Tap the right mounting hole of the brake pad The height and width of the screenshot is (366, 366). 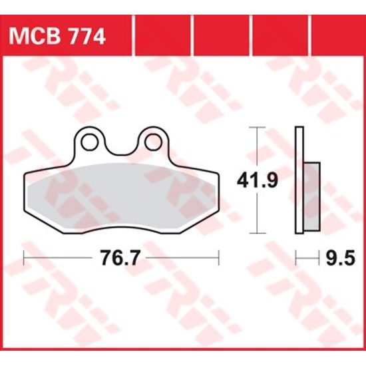tap(152, 140)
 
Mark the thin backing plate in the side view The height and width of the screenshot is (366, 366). tap(299, 180)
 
